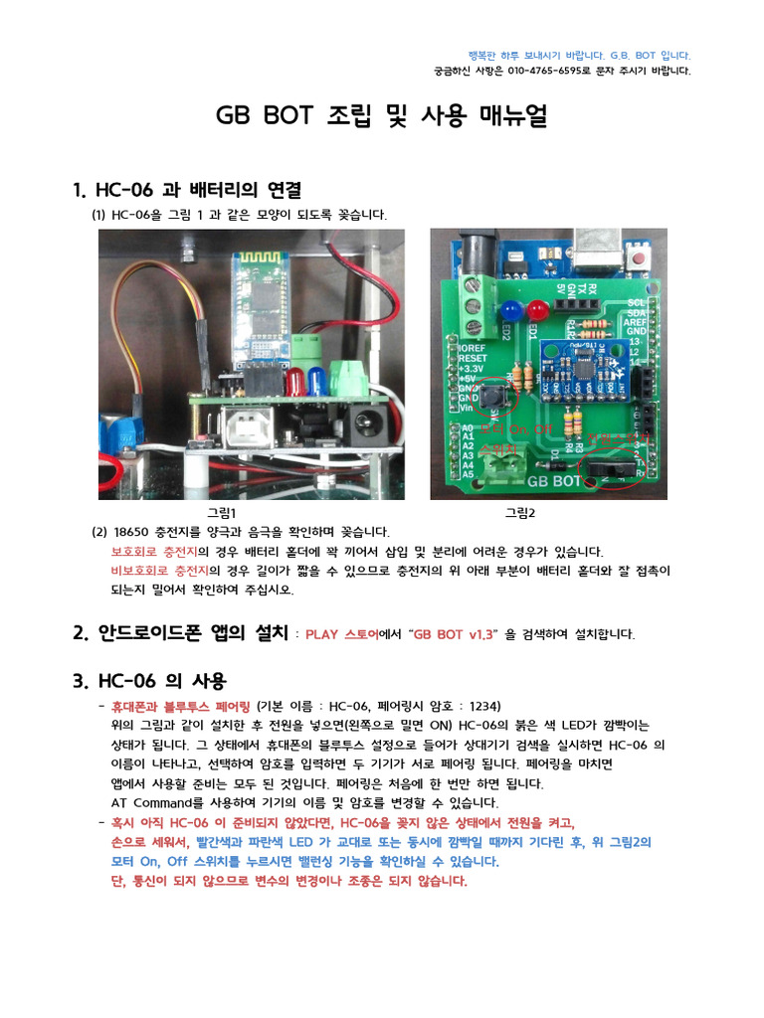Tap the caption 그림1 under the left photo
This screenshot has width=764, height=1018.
pyautogui.click(x=221, y=513)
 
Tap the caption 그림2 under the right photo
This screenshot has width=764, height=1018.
pyautogui.click(x=519, y=513)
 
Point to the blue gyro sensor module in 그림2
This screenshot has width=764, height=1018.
pyautogui.click(x=572, y=369)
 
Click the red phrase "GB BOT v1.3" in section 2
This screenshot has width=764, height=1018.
pyautogui.click(x=454, y=634)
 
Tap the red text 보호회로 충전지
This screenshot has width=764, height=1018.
pyautogui.click(x=153, y=552)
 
